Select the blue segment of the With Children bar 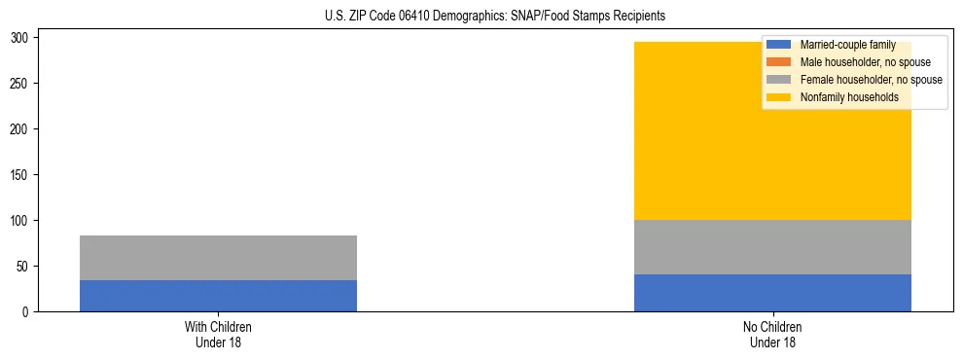pyautogui.click(x=218, y=296)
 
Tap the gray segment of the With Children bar pyautogui.click(x=218, y=258)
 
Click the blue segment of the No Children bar pyautogui.click(x=772, y=293)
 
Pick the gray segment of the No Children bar pyautogui.click(x=772, y=247)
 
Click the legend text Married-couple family pyautogui.click(x=847, y=45)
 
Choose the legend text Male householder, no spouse pyautogui.click(x=865, y=62)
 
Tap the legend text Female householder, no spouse pyautogui.click(x=871, y=80)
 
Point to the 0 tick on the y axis pyautogui.click(x=29, y=311)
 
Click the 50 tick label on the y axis pyautogui.click(x=26, y=266)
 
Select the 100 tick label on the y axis pyautogui.click(x=23, y=221)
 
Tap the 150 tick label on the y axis pyautogui.click(x=23, y=175)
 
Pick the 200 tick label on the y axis pyautogui.click(x=23, y=129)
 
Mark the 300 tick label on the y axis pyautogui.click(x=23, y=38)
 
